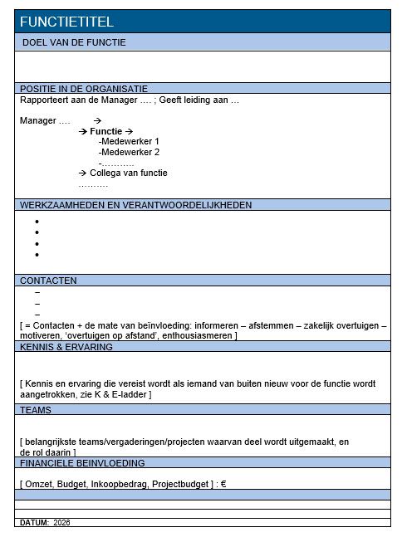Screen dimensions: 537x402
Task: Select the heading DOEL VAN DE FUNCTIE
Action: coord(74,42)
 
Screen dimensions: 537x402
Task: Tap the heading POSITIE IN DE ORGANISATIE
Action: coord(84,88)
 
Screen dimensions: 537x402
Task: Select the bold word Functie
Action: coord(105,131)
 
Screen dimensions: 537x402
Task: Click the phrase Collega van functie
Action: coord(128,173)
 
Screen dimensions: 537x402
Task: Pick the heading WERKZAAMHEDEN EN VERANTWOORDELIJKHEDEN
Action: coord(136,204)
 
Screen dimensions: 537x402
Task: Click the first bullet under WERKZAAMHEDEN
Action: coord(37,222)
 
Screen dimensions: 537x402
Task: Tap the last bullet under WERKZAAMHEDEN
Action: coord(37,255)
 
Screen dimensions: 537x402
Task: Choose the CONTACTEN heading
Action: coord(48,281)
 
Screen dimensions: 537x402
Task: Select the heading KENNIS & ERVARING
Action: coord(66,347)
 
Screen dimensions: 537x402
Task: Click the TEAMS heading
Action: coord(36,410)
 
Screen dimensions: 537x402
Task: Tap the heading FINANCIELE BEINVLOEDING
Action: coord(82,462)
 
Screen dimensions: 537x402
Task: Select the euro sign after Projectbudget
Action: coord(223,483)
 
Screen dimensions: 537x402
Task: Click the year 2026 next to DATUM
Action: coord(62,523)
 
